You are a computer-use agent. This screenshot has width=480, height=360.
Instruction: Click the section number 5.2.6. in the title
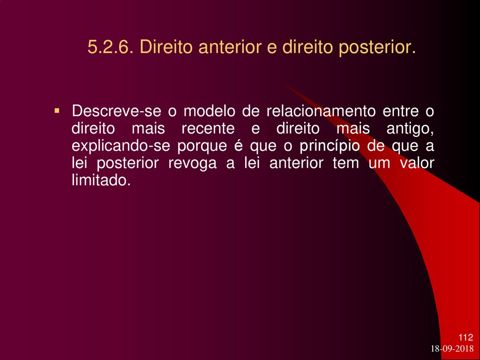click(x=110, y=47)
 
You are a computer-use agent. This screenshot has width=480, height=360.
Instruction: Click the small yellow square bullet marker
click(x=56, y=110)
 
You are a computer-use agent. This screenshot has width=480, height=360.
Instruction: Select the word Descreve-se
click(x=116, y=111)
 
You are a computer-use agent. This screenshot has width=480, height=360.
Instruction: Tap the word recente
click(x=208, y=128)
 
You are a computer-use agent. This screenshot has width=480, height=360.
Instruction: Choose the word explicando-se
click(x=121, y=147)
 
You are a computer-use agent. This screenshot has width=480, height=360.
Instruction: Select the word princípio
click(x=330, y=147)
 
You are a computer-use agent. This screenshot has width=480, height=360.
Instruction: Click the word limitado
click(x=101, y=180)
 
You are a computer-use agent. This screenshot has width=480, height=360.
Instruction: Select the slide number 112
click(x=465, y=337)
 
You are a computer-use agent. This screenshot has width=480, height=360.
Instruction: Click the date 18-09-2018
click(x=452, y=349)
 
